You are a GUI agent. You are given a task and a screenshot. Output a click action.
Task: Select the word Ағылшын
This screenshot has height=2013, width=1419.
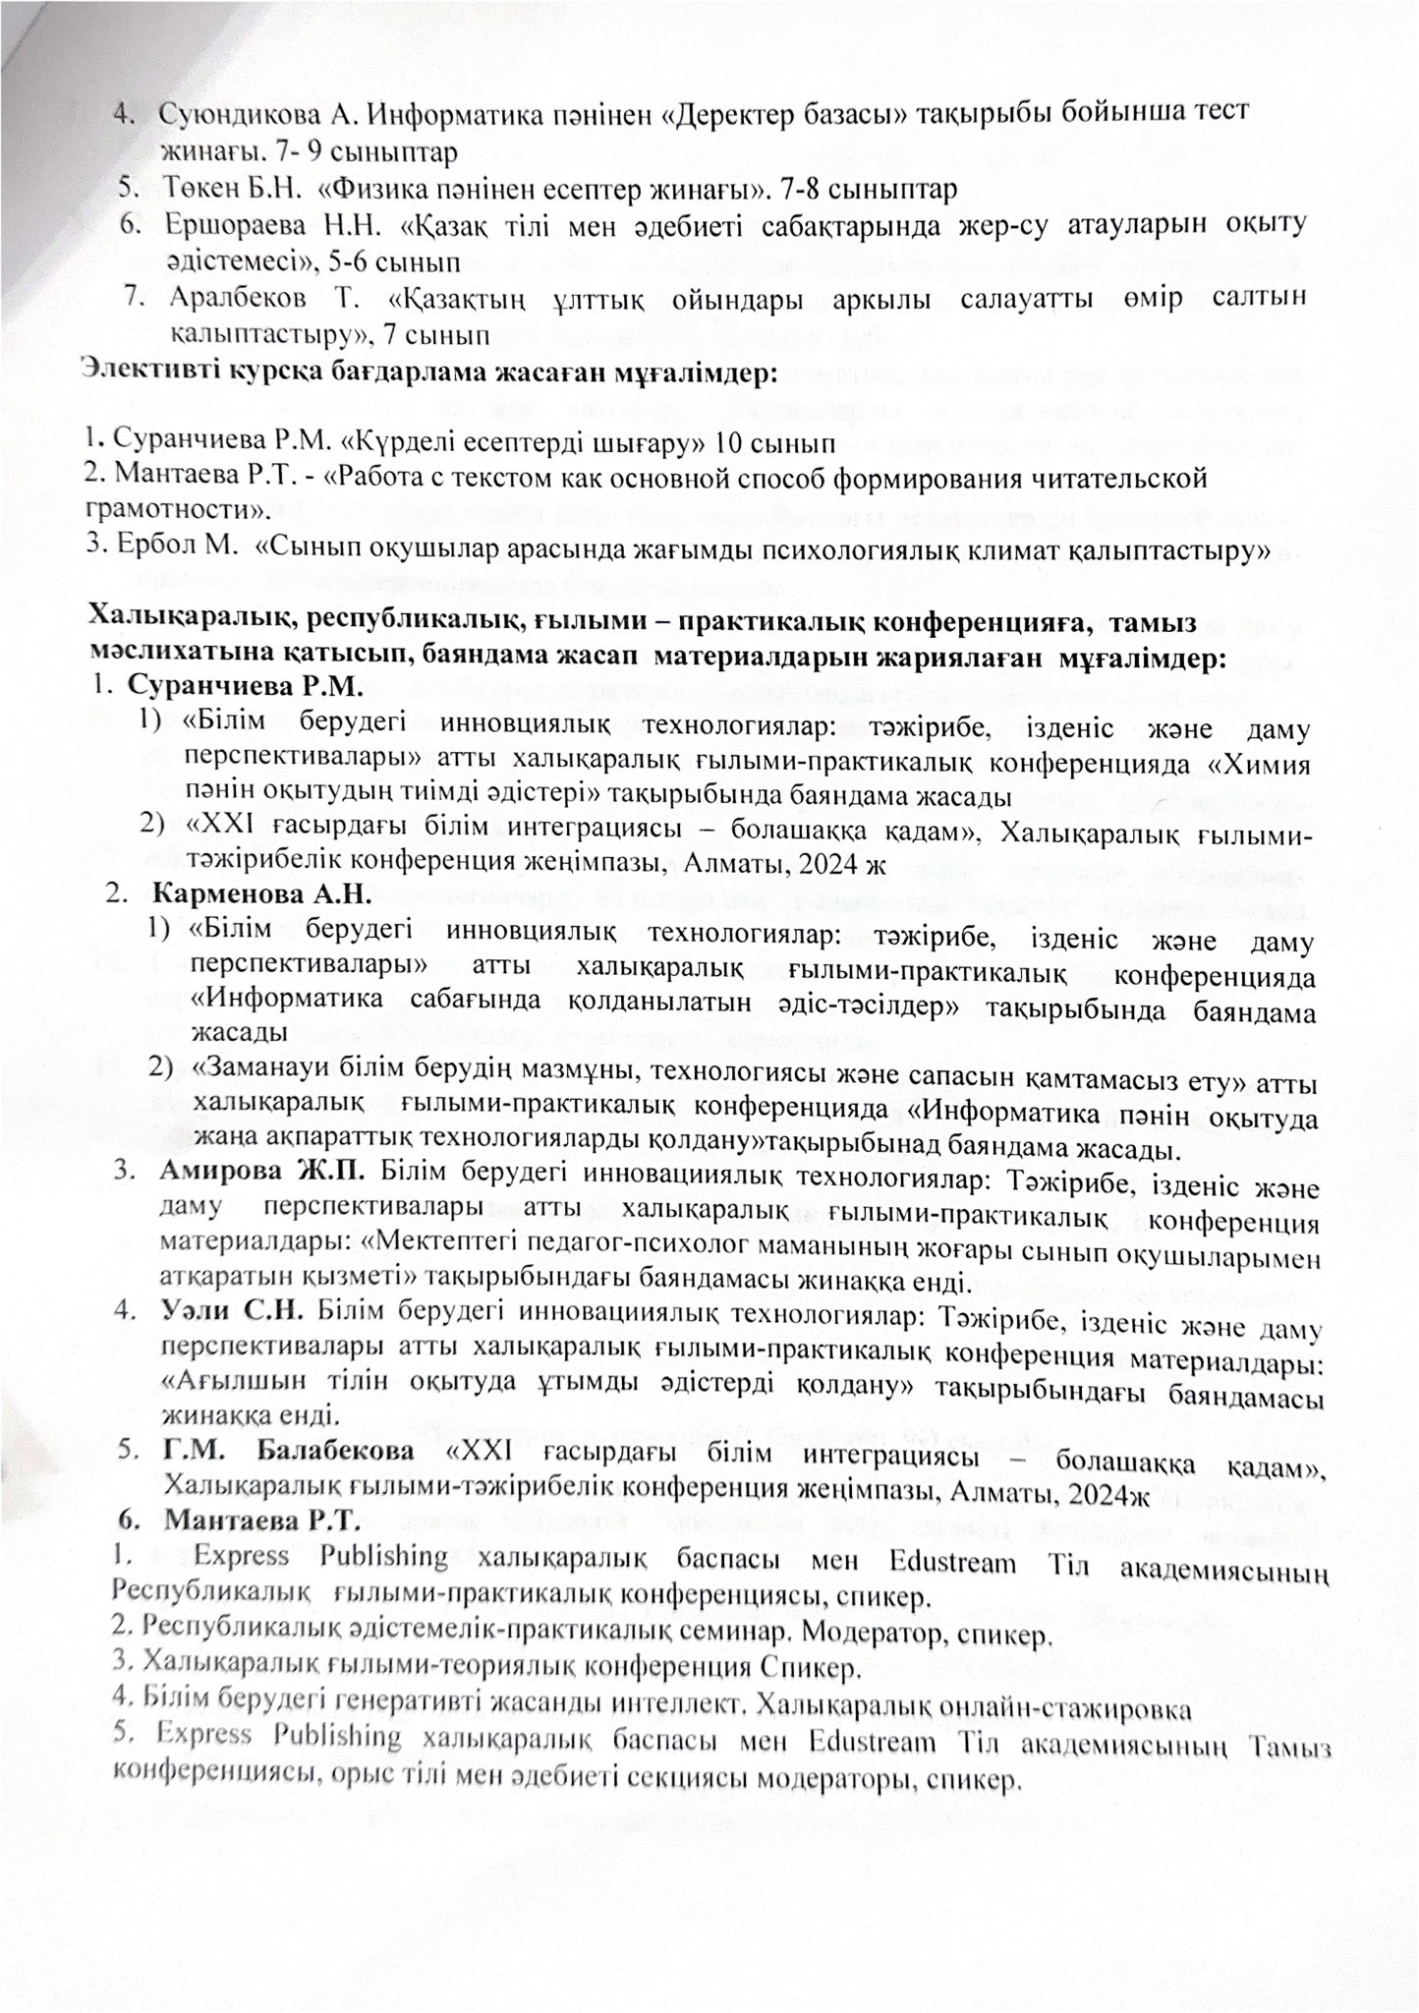(229, 1380)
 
